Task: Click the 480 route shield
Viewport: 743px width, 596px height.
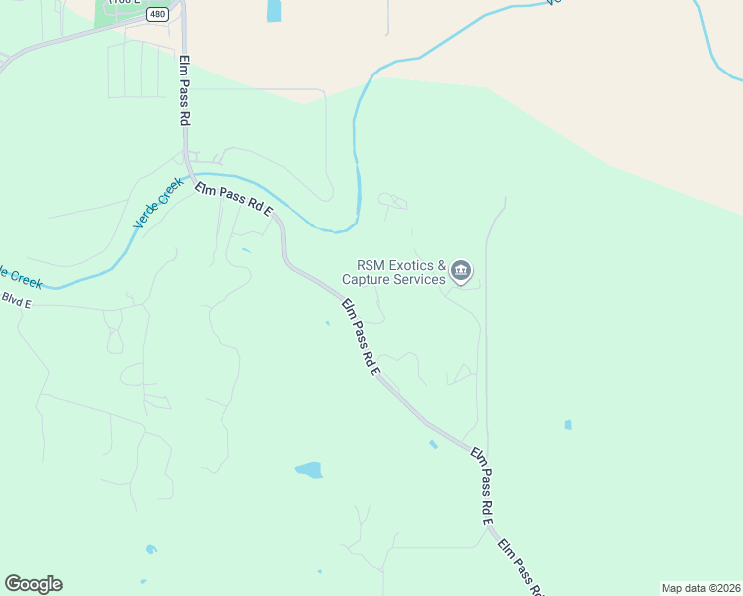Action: click(x=157, y=14)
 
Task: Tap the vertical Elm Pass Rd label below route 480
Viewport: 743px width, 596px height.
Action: click(x=185, y=89)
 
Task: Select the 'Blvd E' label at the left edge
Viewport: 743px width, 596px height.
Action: click(x=16, y=298)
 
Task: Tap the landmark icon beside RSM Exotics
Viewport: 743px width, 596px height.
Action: click(x=461, y=270)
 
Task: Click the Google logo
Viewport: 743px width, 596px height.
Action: click(x=33, y=584)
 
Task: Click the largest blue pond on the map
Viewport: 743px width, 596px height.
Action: click(x=309, y=470)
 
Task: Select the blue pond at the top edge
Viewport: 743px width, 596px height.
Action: click(x=274, y=10)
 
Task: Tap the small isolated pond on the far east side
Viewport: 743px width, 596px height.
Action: click(x=568, y=425)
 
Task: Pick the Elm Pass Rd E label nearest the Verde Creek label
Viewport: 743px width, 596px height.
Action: click(x=233, y=198)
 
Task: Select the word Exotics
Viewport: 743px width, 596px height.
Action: click(x=410, y=266)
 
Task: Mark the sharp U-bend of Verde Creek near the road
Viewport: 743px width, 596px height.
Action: click(x=343, y=228)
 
